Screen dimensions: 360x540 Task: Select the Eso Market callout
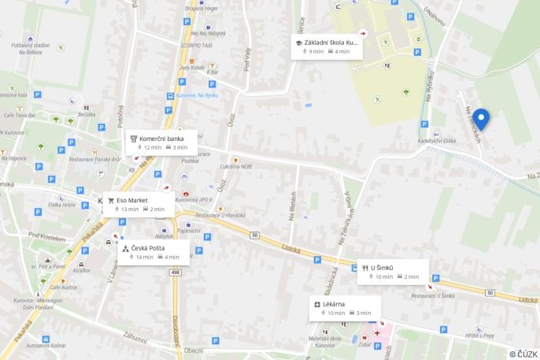139,204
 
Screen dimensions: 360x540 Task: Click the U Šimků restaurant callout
393,272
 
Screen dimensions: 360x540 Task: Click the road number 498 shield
174,273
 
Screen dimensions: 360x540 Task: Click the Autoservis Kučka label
43,345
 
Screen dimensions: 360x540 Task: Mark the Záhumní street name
134,336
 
